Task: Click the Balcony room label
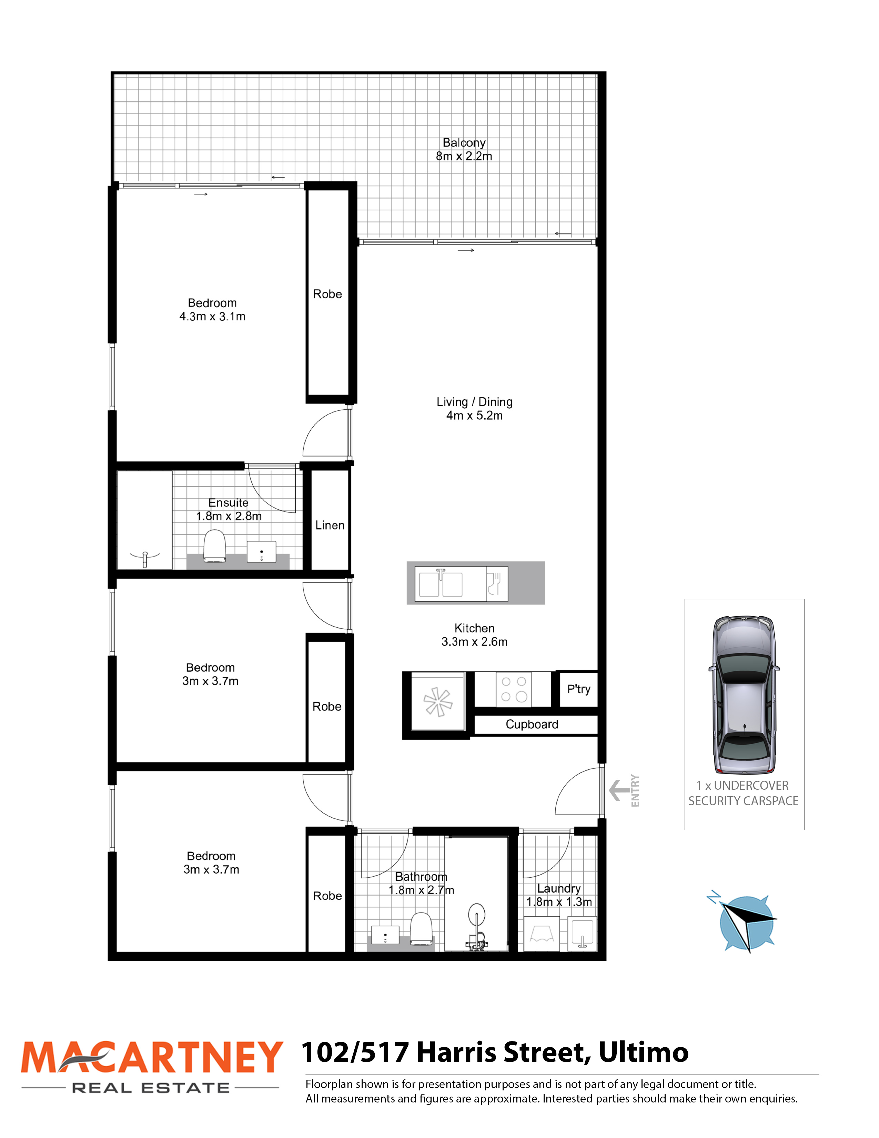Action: pos(464,143)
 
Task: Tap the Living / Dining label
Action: pos(474,402)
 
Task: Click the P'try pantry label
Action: pos(578,689)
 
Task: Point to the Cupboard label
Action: pos(532,724)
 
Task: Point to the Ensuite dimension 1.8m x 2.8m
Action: pos(229,516)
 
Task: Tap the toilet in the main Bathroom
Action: pos(422,929)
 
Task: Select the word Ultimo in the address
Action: pos(644,1052)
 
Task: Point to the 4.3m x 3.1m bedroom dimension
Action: pos(212,316)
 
